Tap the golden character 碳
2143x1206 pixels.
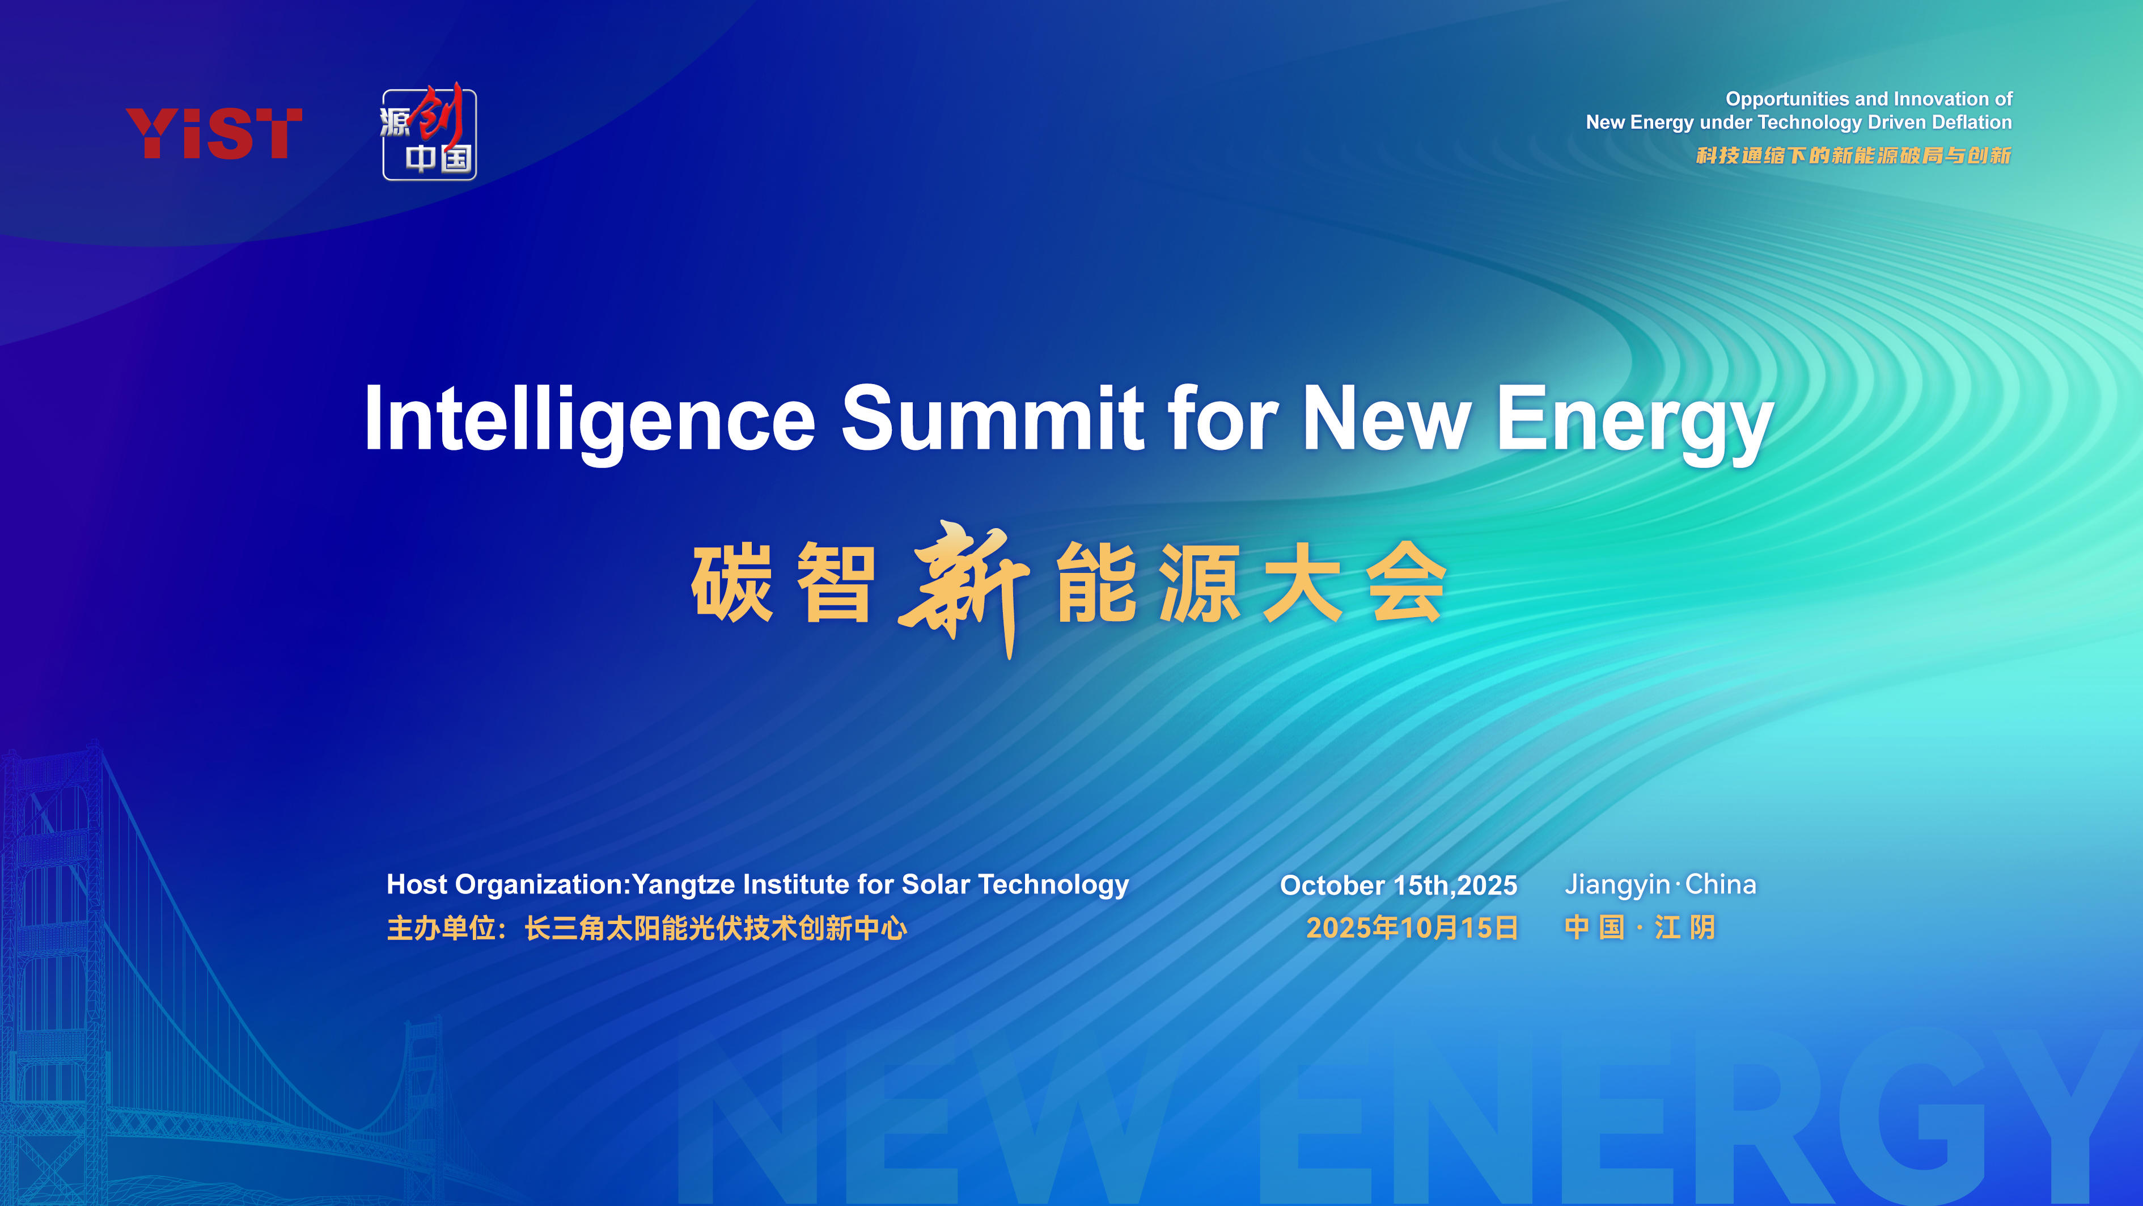coord(732,583)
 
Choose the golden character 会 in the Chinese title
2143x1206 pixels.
coord(1406,582)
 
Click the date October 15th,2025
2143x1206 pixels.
coord(1399,885)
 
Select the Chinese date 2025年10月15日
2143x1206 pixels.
coord(1412,927)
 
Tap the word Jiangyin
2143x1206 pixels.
coord(1617,885)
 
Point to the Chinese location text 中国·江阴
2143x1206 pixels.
coord(1640,927)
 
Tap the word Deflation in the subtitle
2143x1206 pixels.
coord(1972,123)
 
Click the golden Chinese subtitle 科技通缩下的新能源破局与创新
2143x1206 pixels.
coord(1853,155)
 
